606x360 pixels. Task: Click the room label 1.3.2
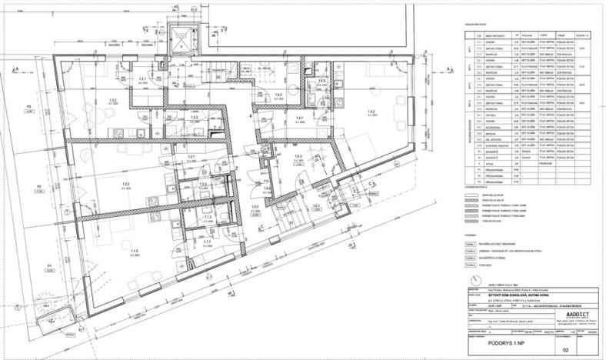point(113,101)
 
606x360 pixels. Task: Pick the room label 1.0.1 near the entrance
point(315,206)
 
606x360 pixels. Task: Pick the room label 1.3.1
point(142,79)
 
